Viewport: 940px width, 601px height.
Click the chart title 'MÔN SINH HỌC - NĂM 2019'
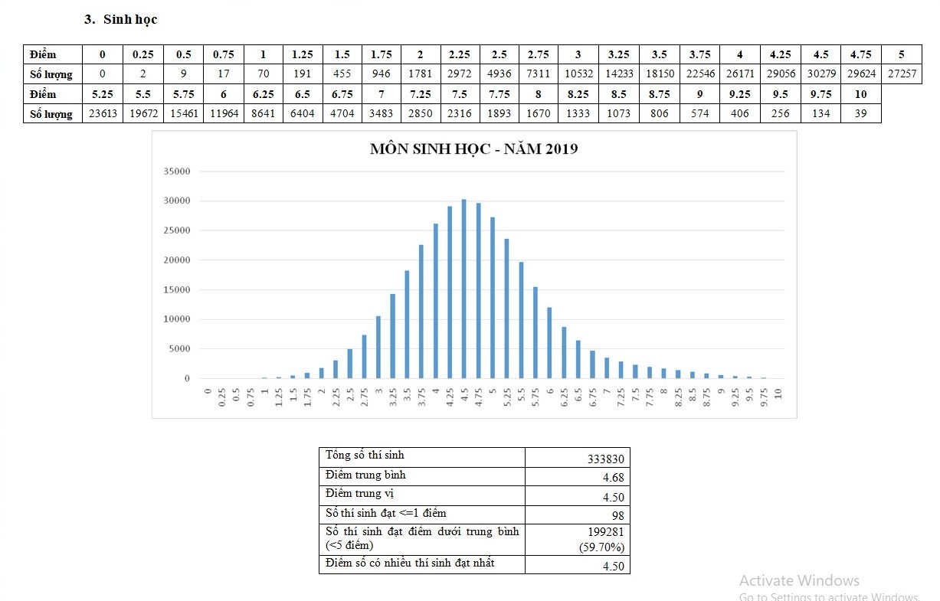tap(473, 149)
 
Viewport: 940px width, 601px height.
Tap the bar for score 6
tap(550, 343)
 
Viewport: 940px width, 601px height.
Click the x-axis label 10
tap(778, 395)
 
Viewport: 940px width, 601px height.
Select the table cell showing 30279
tap(820, 74)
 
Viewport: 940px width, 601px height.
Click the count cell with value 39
tap(860, 114)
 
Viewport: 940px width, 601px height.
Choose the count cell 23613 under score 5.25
tap(102, 114)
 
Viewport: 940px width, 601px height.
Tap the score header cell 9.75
tap(820, 94)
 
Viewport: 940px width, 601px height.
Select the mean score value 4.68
tap(614, 478)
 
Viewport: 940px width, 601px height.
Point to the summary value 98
tap(617, 515)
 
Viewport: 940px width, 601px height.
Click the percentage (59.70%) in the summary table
tap(604, 547)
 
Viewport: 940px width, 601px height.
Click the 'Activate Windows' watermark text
tap(799, 580)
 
